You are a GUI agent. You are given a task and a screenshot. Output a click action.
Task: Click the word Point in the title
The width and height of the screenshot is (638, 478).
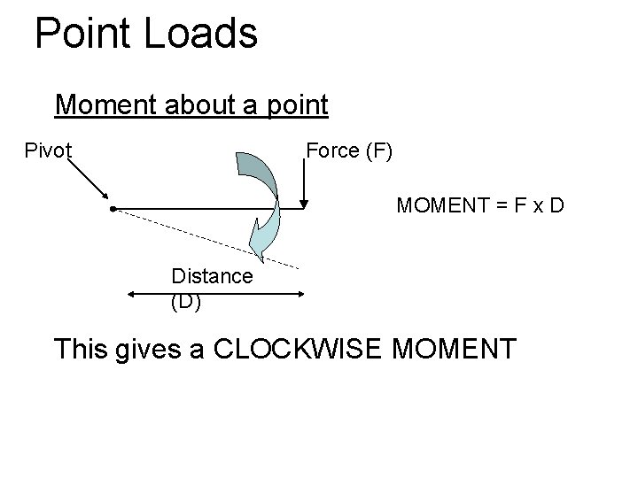[82, 34]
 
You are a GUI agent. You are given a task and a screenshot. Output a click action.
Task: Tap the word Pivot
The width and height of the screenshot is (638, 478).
[48, 150]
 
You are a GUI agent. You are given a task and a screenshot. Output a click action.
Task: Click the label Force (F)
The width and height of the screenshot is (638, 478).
[349, 150]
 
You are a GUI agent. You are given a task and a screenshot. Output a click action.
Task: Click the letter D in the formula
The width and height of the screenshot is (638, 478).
[556, 206]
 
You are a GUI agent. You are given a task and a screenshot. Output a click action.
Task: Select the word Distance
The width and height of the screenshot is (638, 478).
[212, 276]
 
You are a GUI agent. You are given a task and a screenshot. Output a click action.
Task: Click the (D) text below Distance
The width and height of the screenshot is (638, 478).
[186, 302]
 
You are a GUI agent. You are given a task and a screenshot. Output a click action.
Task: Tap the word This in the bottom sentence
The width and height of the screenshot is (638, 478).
[82, 348]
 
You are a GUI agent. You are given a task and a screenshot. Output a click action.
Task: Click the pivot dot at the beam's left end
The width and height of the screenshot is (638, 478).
[113, 210]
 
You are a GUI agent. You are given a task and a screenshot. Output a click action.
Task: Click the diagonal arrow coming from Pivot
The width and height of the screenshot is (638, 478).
[89, 181]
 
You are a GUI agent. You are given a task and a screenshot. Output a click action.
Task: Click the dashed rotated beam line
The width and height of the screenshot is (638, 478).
[204, 237]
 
